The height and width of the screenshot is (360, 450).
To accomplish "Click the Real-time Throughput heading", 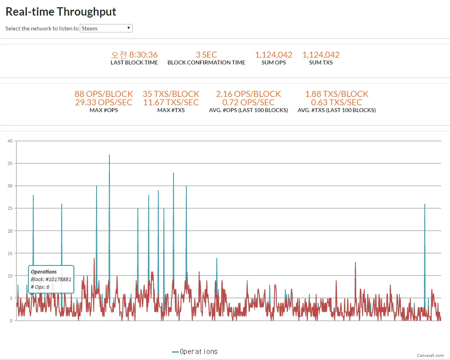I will [x=61, y=12].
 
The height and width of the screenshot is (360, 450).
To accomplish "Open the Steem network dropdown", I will [x=106, y=28].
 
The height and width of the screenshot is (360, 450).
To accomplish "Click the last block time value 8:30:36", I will [x=134, y=54].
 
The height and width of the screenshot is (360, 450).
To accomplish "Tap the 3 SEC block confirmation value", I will [x=206, y=54].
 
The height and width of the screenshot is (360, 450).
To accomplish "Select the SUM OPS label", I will [x=274, y=62].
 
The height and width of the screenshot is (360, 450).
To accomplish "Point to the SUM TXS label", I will [x=321, y=62].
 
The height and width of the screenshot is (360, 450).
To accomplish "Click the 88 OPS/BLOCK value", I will [x=104, y=94].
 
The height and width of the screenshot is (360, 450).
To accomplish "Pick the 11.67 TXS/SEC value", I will [x=171, y=102].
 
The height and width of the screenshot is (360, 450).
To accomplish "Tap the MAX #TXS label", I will [x=171, y=110].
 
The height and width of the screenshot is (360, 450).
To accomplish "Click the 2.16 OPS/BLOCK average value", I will [x=248, y=94].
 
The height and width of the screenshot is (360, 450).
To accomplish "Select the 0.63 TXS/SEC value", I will [x=337, y=102].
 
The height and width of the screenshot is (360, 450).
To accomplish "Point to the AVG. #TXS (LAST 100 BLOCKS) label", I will [x=337, y=110].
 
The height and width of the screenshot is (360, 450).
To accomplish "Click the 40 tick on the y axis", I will [x=10, y=141].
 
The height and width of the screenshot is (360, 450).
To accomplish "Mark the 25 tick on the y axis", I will [x=10, y=208].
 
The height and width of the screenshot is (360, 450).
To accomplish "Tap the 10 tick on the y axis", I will [x=10, y=276].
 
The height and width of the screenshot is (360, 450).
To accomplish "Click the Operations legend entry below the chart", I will [x=195, y=352].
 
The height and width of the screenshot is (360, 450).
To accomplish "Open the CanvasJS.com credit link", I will [x=430, y=355].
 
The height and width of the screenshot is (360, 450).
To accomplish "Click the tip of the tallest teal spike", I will [x=109, y=155].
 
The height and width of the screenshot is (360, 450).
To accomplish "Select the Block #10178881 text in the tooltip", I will [x=51, y=279].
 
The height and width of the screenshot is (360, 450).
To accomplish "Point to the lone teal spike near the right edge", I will [x=425, y=205].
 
